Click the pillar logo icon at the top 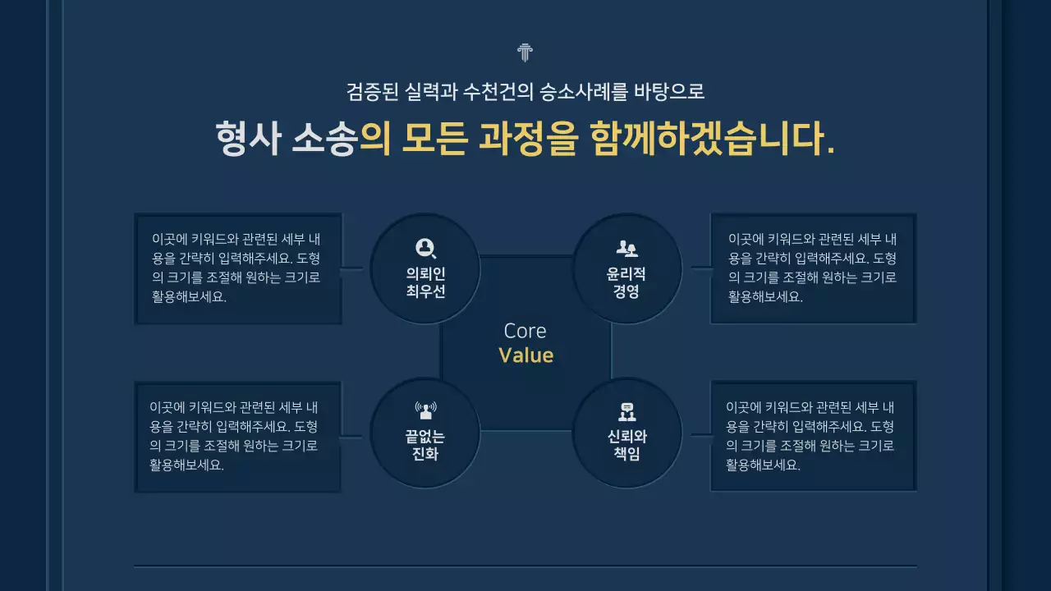point(525,53)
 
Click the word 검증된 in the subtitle point(371,91)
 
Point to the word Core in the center point(525,331)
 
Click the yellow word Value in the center point(525,355)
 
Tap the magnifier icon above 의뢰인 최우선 point(425,247)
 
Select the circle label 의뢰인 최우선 point(425,282)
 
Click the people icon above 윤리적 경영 point(626,247)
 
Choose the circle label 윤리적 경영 point(626,282)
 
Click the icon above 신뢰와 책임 point(626,411)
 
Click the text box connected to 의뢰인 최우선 point(238,268)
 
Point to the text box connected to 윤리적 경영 point(813,268)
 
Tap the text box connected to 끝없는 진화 point(238,436)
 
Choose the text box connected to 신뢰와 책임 point(813,436)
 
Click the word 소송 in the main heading point(324,139)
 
